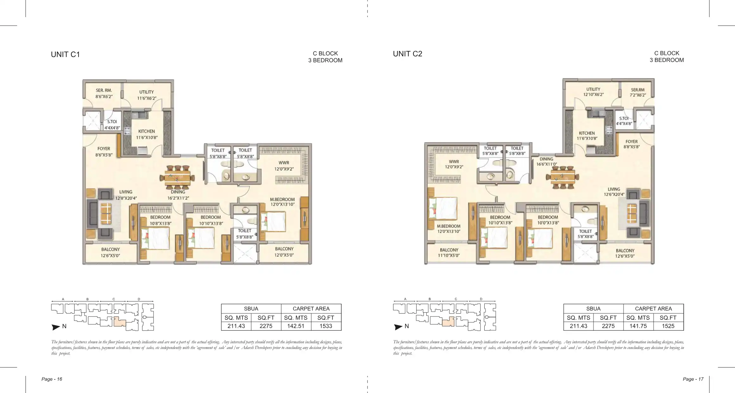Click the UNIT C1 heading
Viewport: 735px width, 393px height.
pos(65,54)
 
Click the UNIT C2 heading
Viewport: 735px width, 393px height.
pos(407,54)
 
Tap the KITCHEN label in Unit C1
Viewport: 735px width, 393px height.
pos(147,131)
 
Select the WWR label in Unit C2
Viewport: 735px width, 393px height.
pos(454,162)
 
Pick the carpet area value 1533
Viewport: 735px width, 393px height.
pos(326,326)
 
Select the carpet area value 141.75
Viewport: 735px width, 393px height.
pos(638,326)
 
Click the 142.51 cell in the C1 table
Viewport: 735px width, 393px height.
pos(296,326)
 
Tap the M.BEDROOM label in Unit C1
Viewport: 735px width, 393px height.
pos(282,199)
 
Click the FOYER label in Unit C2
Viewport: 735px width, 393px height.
pos(631,142)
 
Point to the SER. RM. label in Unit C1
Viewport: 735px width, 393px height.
pos(104,90)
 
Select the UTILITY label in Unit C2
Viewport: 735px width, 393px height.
pos(593,90)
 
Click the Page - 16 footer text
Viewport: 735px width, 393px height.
pos(52,379)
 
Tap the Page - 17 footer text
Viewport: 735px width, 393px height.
pos(693,379)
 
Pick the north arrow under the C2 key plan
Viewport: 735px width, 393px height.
pos(398,327)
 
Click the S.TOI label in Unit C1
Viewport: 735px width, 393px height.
pos(112,122)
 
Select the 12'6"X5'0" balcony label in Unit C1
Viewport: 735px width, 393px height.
pos(110,256)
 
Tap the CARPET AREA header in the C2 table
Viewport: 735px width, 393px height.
pos(653,309)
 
